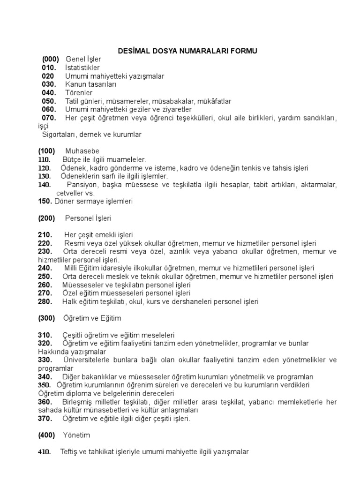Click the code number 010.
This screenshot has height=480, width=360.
49,67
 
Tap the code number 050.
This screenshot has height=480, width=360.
49,101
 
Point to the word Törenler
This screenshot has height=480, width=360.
79,93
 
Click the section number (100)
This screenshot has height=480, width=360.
46,151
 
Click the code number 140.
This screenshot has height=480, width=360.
45,185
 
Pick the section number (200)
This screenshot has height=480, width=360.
46,218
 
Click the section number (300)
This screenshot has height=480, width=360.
46,318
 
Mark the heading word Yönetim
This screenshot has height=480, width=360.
76,435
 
